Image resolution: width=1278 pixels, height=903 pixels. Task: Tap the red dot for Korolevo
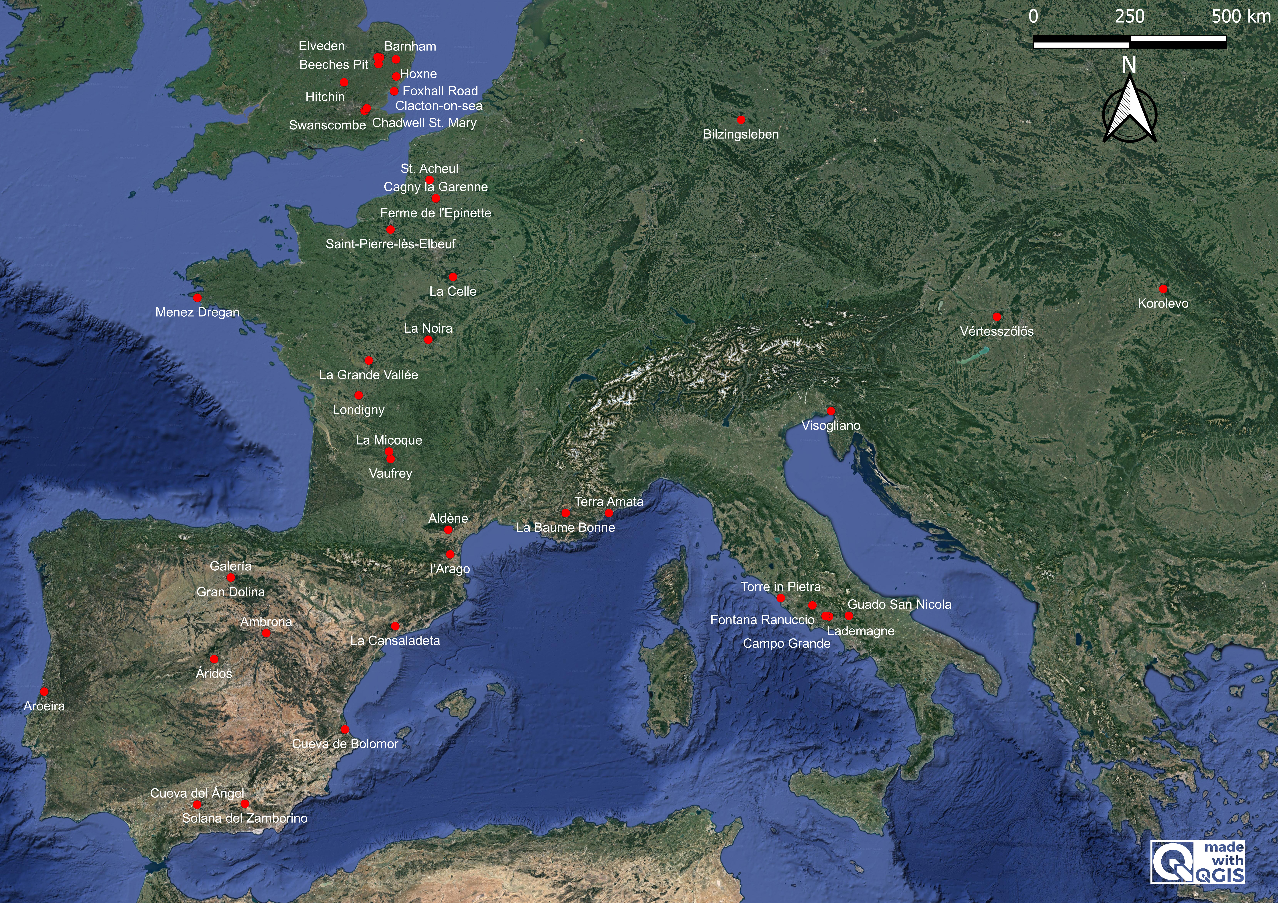pyautogui.click(x=1163, y=289)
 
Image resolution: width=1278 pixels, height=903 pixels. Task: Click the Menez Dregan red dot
pyautogui.click(x=197, y=298)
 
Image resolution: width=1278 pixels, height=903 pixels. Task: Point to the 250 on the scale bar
pyautogui.click(x=1129, y=16)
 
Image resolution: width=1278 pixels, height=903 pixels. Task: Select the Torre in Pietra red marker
pyautogui.click(x=780, y=598)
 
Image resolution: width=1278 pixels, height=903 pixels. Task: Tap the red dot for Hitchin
pyautogui.click(x=344, y=82)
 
